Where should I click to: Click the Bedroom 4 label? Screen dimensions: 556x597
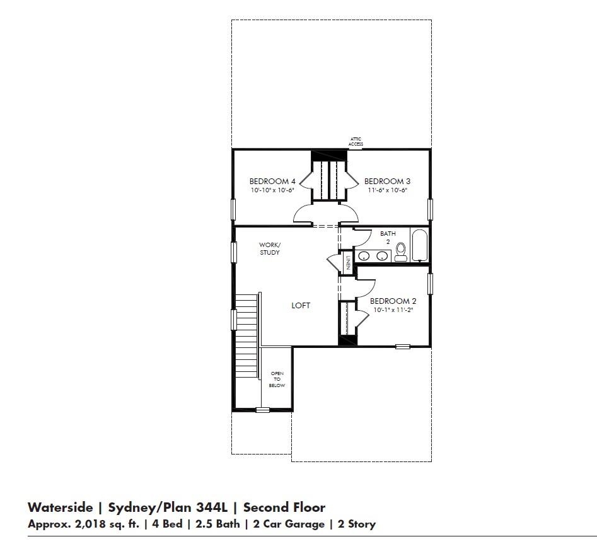[272, 182]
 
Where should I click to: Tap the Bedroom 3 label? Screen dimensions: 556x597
[388, 182]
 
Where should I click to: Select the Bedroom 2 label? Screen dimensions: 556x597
[393, 301]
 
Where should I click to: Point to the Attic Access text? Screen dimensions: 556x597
[356, 142]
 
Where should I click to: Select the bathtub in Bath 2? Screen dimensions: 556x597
[420, 246]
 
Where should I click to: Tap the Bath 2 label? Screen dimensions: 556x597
[388, 237]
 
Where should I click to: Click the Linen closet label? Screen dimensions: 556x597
[346, 262]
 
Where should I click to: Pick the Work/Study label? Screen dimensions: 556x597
[269, 248]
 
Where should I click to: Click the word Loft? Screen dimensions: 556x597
[301, 306]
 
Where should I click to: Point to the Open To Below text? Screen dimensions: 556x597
[277, 379]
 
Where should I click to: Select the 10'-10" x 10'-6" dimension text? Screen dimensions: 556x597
[272, 190]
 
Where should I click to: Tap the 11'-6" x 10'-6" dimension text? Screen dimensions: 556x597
[388, 190]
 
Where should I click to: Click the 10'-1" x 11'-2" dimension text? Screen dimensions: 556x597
[393, 310]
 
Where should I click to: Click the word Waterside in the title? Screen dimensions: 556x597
[59, 507]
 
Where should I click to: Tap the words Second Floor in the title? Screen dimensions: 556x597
[284, 507]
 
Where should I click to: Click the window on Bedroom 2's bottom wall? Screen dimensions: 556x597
[402, 346]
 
